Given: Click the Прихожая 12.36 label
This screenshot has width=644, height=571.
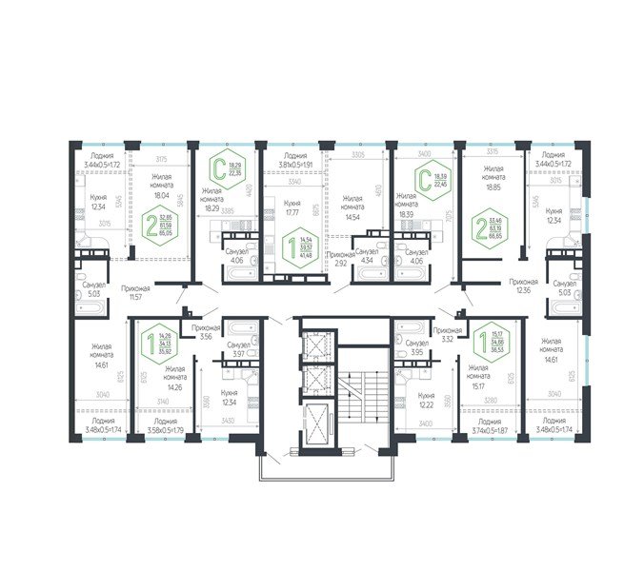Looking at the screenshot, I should pos(522,286).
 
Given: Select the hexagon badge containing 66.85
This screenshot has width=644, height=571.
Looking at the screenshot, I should pos(495,225).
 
